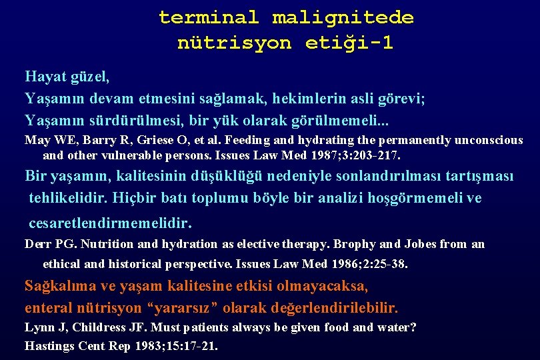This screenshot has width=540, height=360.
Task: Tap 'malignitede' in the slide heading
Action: (x=343, y=17)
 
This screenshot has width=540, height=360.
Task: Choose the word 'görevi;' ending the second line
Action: (x=399, y=99)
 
